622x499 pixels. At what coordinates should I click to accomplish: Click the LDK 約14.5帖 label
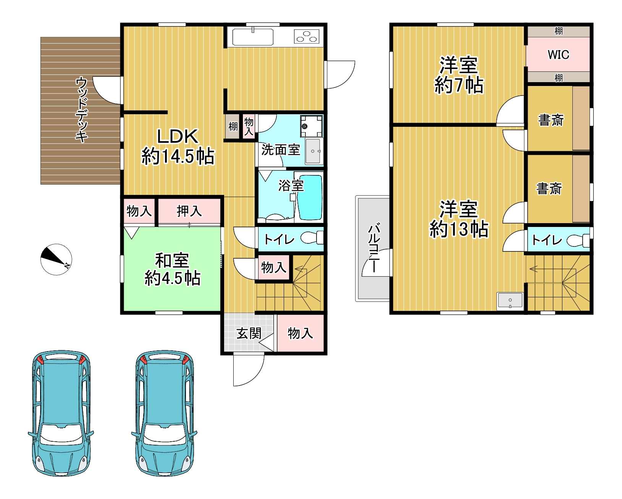click(178, 147)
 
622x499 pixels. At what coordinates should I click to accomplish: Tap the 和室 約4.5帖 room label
click(172, 269)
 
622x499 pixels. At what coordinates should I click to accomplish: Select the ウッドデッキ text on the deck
click(82, 110)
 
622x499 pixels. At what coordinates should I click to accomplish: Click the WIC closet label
click(558, 54)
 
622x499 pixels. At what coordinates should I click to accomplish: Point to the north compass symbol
click(56, 259)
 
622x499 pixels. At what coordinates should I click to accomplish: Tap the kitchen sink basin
click(253, 37)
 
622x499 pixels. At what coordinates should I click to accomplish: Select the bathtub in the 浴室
click(310, 197)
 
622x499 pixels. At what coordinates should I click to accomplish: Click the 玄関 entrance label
click(249, 333)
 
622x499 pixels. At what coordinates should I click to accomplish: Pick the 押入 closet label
click(189, 211)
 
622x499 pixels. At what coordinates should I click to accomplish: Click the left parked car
click(61, 413)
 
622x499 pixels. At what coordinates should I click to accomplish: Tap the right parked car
click(165, 413)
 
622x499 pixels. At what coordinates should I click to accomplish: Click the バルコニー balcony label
click(374, 248)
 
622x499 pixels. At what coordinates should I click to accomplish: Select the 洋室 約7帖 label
click(459, 75)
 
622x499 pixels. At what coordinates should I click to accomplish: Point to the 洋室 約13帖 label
click(459, 219)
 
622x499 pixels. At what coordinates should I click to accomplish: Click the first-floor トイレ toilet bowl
click(312, 238)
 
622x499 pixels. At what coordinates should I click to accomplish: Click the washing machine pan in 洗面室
click(311, 126)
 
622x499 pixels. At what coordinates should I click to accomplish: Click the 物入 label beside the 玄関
click(300, 333)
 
